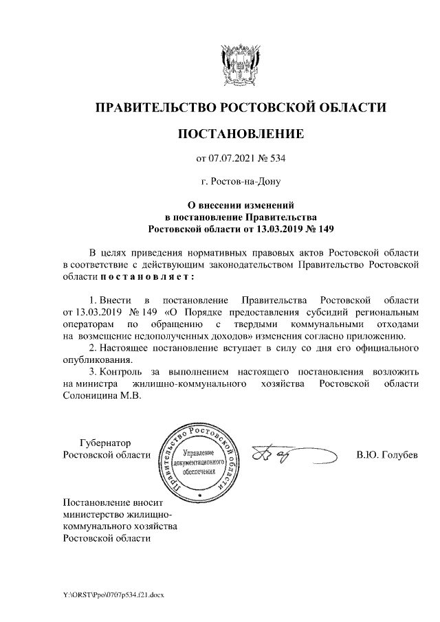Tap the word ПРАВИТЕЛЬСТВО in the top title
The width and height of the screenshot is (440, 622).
click(x=154, y=107)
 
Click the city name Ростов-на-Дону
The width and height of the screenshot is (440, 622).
click(x=240, y=182)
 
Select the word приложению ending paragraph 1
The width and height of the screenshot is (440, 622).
click(x=381, y=335)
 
